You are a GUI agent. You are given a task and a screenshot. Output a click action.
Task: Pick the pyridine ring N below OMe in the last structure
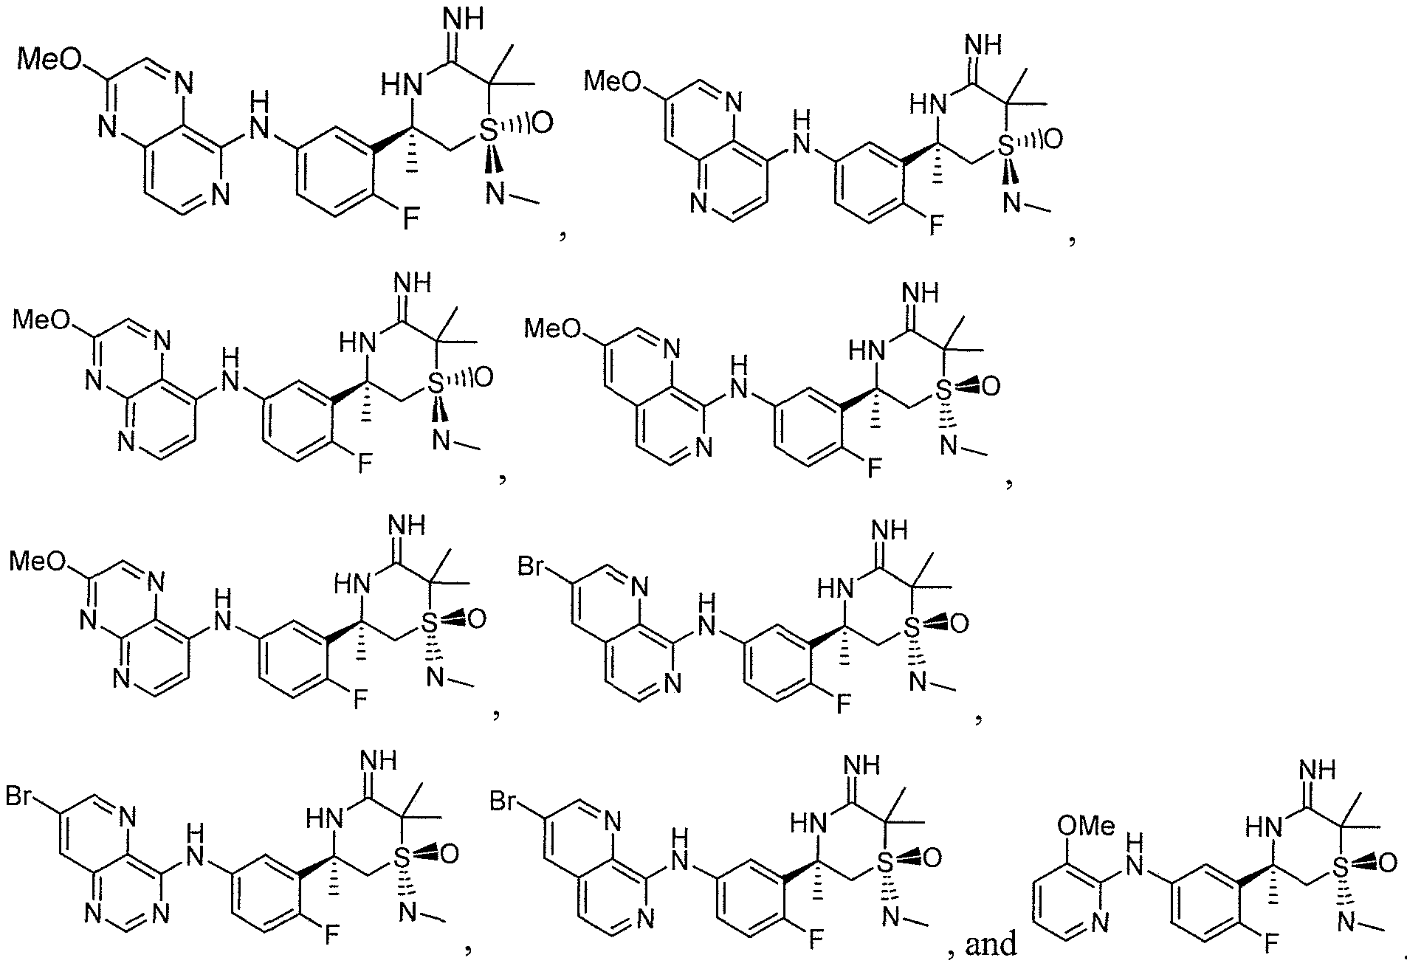tap(1099, 921)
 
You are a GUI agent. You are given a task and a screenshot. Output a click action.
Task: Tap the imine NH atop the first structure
tap(460, 18)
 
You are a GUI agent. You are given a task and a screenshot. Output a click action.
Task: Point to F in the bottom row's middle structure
tap(814, 940)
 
